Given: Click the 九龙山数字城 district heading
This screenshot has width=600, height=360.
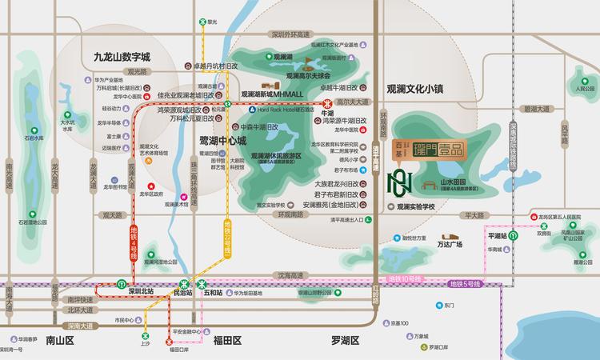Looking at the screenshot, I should point(122,58).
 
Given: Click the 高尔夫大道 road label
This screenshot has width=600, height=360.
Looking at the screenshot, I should point(353,102).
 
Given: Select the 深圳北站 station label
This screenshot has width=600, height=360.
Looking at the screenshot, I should point(141,292).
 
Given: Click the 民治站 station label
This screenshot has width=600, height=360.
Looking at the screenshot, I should point(183,294).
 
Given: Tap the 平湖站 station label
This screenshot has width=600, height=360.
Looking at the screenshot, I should point(498,237).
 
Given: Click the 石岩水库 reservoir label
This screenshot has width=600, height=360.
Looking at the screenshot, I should point(34,138).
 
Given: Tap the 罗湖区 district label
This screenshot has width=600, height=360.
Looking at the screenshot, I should point(346,340).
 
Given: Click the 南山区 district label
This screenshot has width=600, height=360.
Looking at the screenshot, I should point(60,340).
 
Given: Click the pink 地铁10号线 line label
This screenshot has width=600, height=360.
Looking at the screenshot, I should point(404,278).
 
